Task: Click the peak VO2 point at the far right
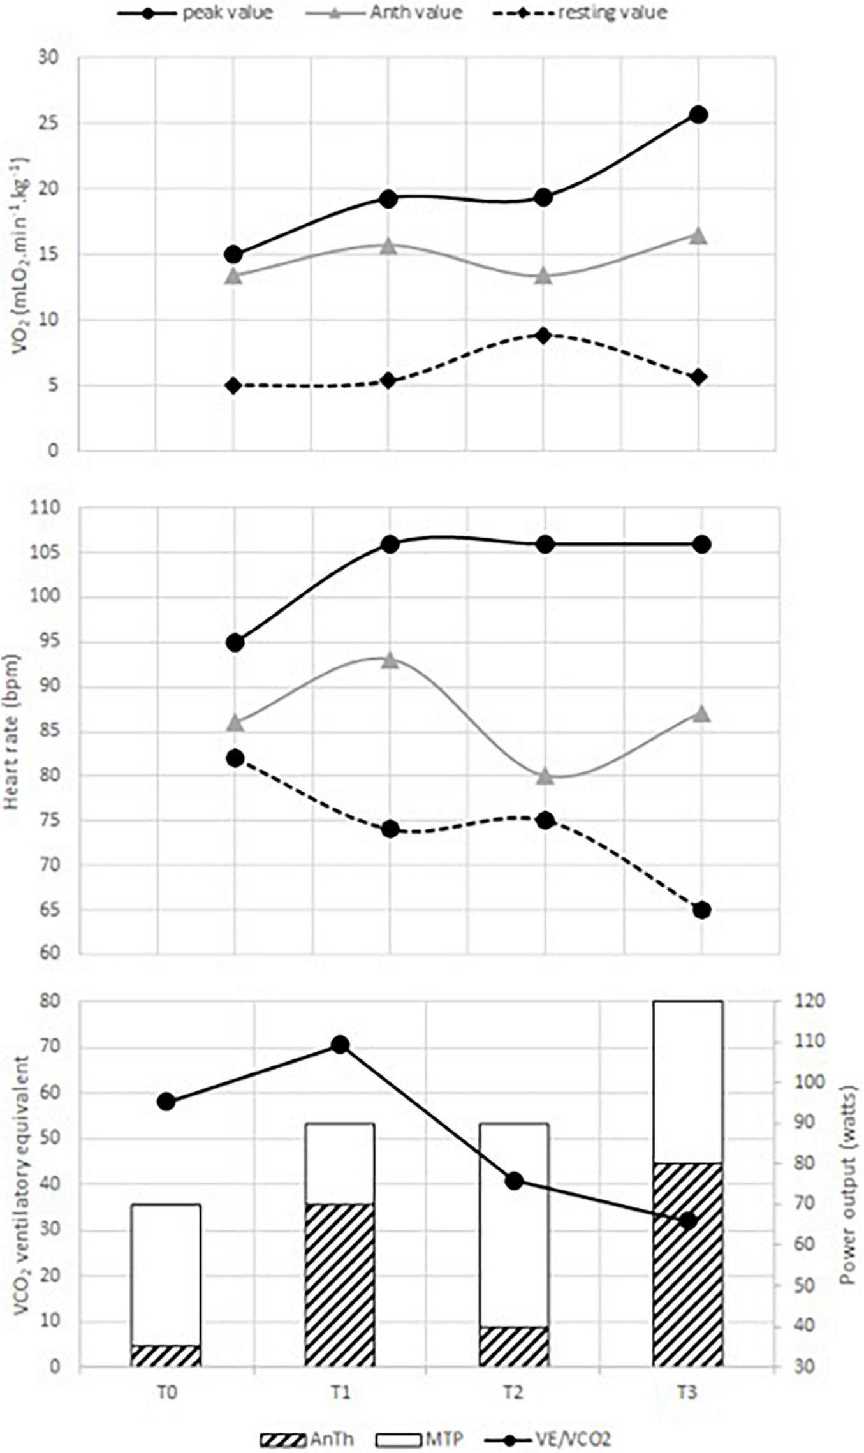pos(699,115)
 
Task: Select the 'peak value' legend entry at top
pos(226,12)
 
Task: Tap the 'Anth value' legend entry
pos(415,12)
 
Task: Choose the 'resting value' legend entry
pos(612,12)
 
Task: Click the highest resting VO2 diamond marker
pos(543,336)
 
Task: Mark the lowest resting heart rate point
pos(701,910)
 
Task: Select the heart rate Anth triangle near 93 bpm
pos(390,660)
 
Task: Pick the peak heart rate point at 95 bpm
pos(235,642)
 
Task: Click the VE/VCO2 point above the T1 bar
pos(339,1045)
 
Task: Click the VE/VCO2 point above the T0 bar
pos(166,1102)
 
